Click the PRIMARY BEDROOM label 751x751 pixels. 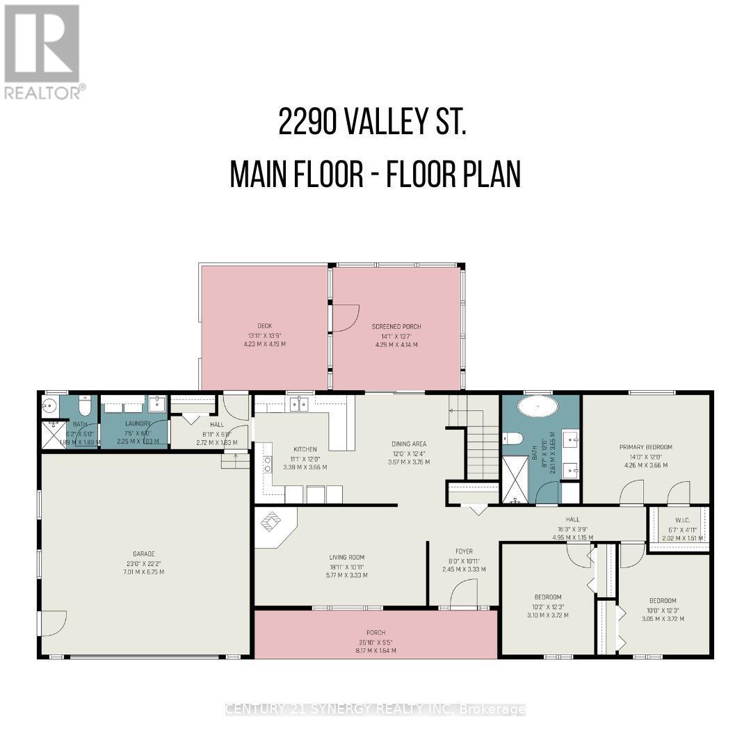click(646, 447)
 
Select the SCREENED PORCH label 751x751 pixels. click(396, 326)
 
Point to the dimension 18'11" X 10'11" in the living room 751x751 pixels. click(347, 566)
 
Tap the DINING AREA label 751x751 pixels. click(408, 444)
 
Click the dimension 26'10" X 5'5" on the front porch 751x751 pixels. click(375, 642)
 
